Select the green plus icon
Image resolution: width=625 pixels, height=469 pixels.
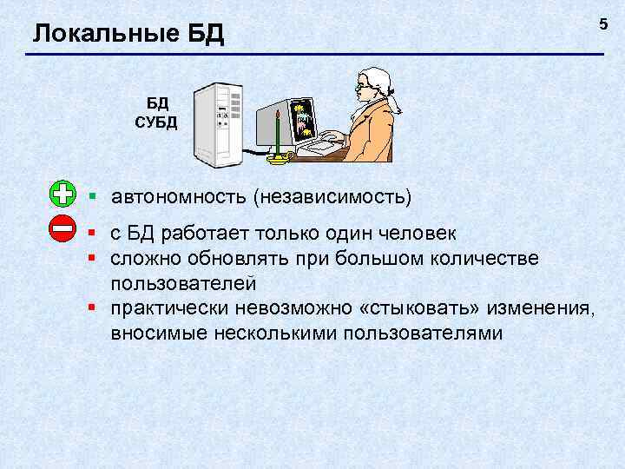(x=63, y=194)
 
